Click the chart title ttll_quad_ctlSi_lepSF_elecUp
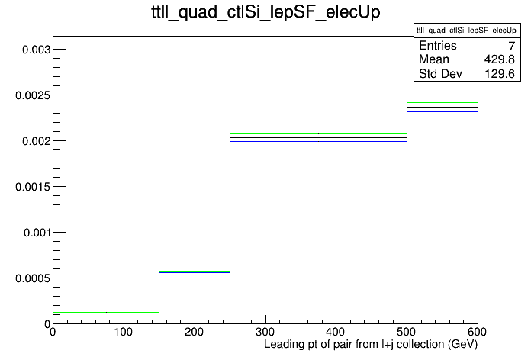pos(265,12)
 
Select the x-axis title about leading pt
pos(371,345)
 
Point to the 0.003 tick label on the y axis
pos(36,50)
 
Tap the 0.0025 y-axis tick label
pos(34,95)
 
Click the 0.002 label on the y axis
pos(36,141)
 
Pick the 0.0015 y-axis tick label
pos(34,187)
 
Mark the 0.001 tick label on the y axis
pos(37,233)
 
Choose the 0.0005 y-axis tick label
pos(34,278)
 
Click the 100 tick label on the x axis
pos(124,332)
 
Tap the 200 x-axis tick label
pos(195,332)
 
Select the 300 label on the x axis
pos(265,332)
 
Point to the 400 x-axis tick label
pos(336,332)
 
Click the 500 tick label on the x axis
pos(407,332)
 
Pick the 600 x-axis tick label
pos(478,332)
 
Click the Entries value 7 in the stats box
pos(512,46)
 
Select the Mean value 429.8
pos(500,59)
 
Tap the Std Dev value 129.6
pos(500,74)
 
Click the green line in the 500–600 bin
pos(443,102)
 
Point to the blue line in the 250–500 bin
pos(318,141)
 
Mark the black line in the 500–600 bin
pos(443,107)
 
